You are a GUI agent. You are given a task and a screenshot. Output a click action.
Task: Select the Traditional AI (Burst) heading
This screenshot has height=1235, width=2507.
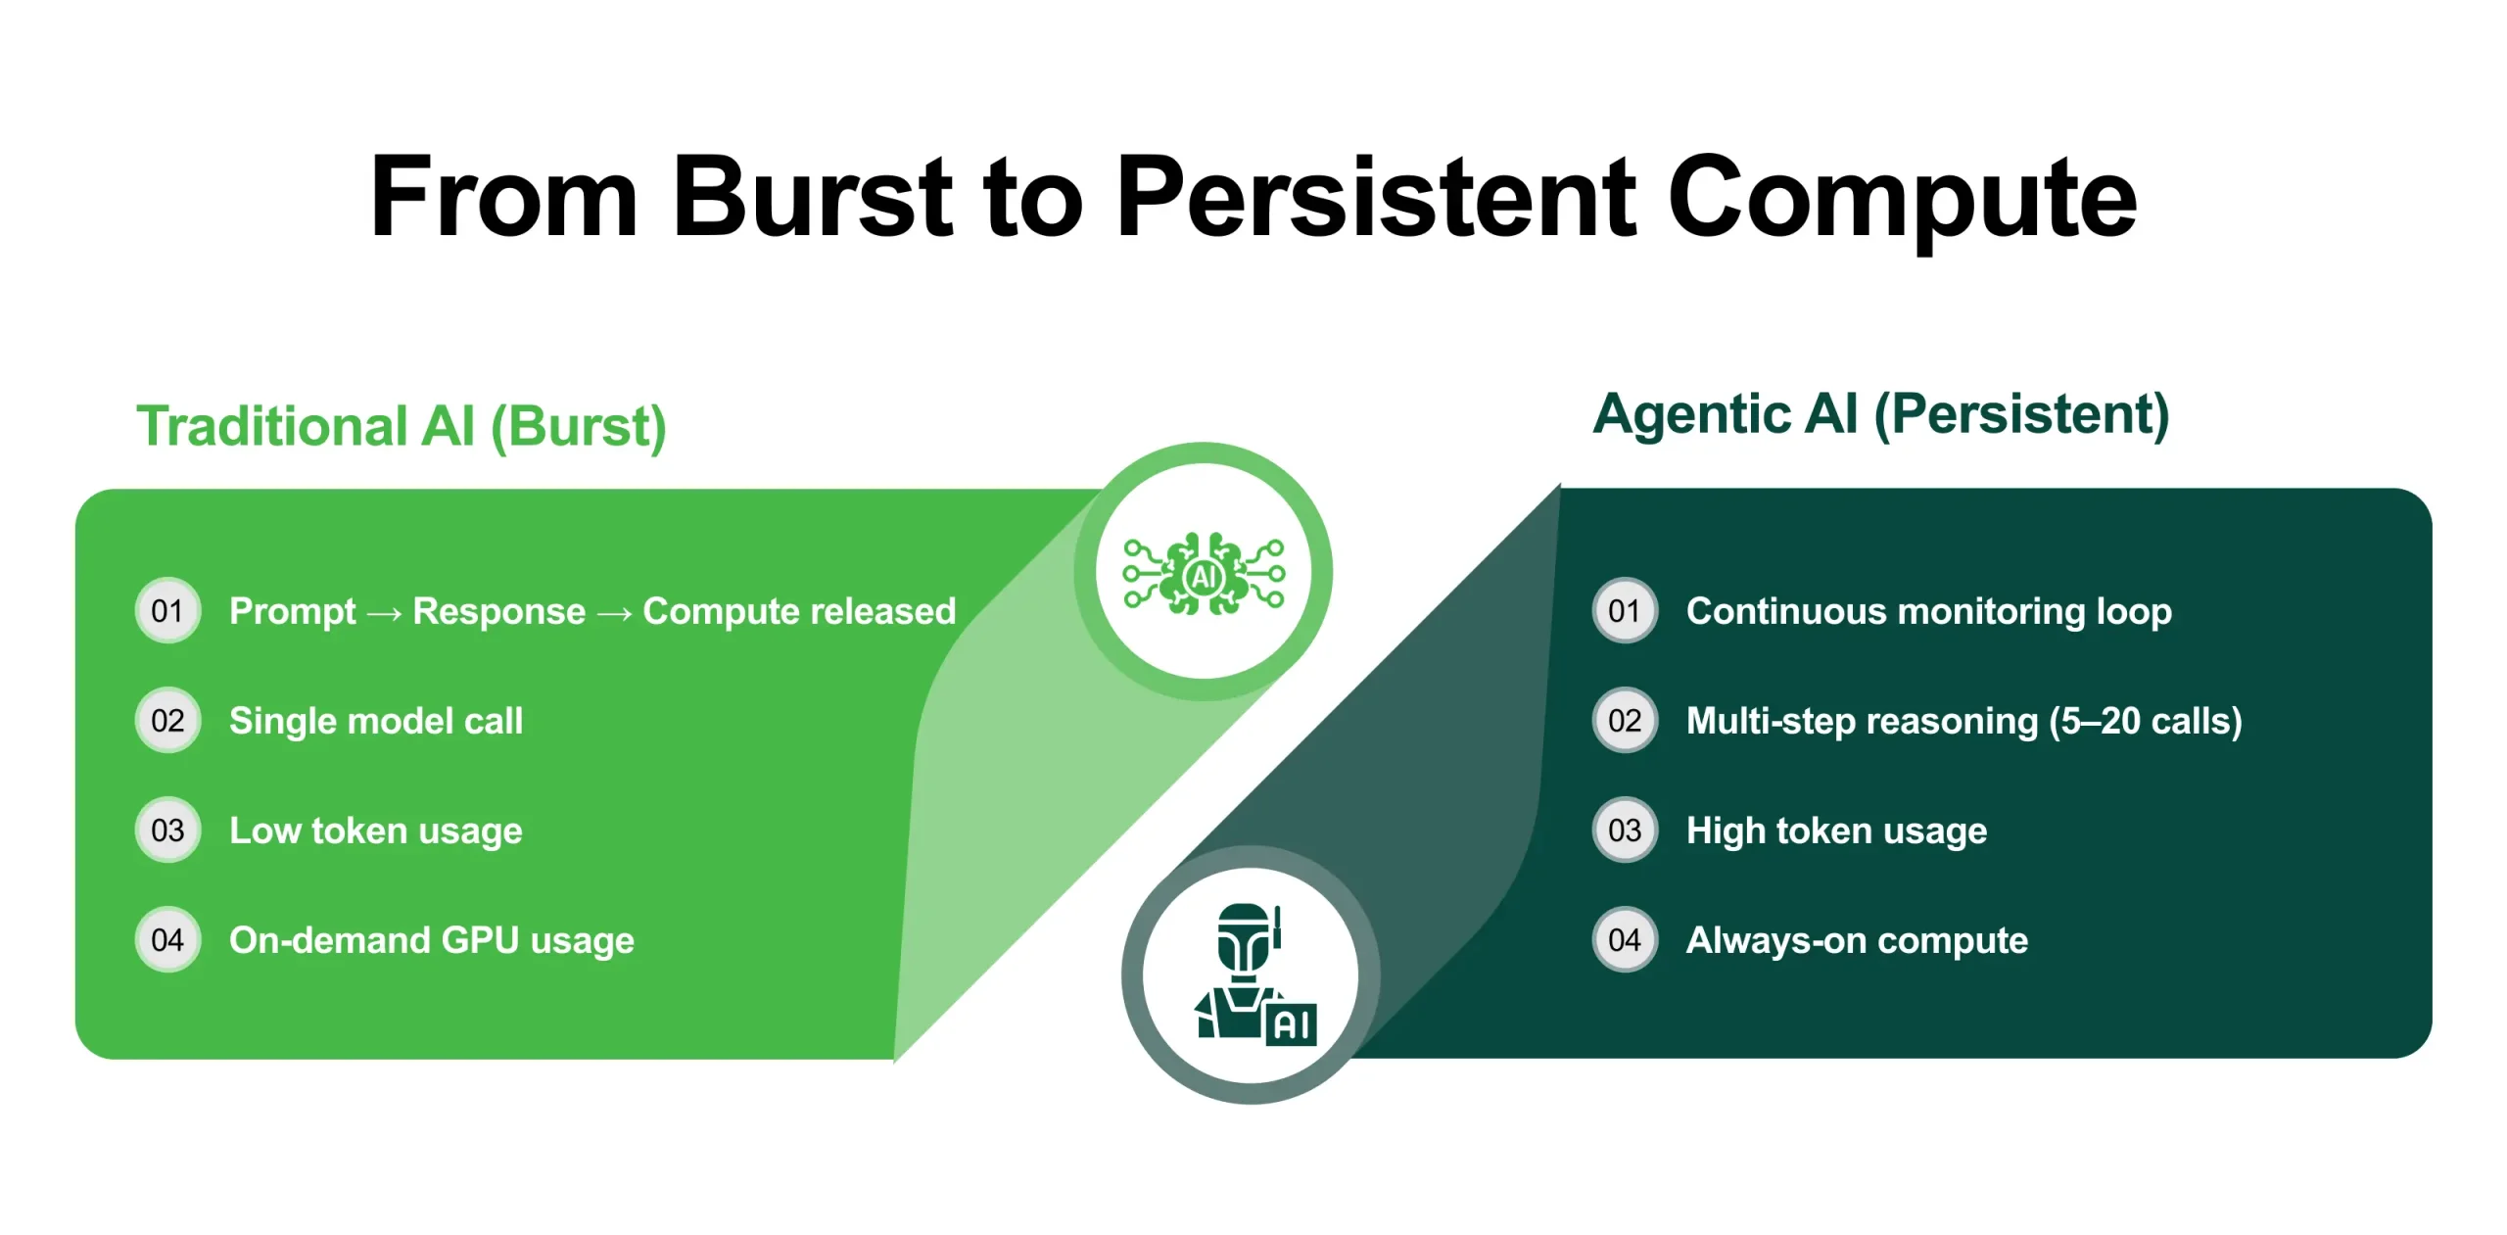pyautogui.click(x=402, y=426)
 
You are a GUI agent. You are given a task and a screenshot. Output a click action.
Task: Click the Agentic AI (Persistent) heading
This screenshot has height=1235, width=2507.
pyautogui.click(x=1880, y=414)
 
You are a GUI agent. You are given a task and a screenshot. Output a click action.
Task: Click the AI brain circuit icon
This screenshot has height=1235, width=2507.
pyautogui.click(x=1204, y=574)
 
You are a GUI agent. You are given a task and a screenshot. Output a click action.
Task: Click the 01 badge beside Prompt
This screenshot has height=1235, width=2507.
pyautogui.click(x=167, y=611)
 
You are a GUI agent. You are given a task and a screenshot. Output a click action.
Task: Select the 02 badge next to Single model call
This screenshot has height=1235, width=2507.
pyautogui.click(x=167, y=721)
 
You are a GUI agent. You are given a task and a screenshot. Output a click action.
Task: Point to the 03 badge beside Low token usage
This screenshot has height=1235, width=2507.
pyautogui.click(x=167, y=831)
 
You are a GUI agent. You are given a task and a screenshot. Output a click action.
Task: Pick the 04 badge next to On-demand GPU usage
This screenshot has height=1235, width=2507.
pyautogui.click(x=167, y=940)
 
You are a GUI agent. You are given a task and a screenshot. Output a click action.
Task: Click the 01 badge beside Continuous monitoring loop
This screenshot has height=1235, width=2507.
pyautogui.click(x=1625, y=611)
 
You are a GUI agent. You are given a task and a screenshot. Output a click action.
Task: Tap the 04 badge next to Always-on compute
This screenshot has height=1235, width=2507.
pyautogui.click(x=1625, y=940)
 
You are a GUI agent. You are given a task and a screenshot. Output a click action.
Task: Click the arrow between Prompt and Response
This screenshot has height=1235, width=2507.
pyautogui.click(x=384, y=614)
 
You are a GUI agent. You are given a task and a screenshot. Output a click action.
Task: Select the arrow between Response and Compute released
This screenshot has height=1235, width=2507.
pyautogui.click(x=614, y=614)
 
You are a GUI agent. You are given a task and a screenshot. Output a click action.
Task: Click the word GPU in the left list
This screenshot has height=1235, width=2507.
pyautogui.click(x=480, y=940)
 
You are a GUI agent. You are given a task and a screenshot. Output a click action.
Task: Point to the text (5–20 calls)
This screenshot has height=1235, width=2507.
pyautogui.click(x=2145, y=722)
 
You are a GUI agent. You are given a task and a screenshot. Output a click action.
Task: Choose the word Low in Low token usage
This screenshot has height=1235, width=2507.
pyautogui.click(x=264, y=831)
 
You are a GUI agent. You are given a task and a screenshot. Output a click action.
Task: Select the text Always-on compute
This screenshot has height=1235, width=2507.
pyautogui.click(x=1857, y=940)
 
